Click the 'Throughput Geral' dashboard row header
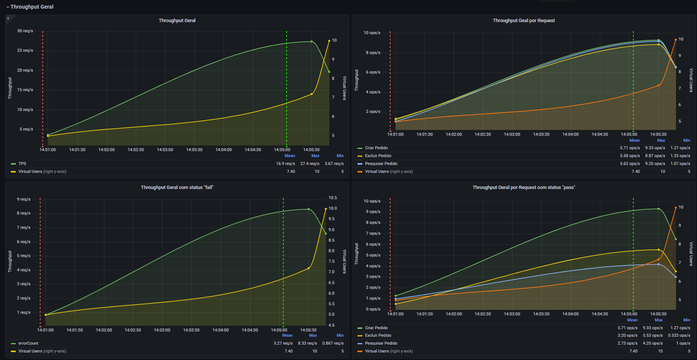pyautogui.click(x=32, y=7)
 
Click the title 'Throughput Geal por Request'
pyautogui.click(x=524, y=21)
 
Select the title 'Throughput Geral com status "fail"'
pyautogui.click(x=177, y=187)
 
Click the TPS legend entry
pyautogui.click(x=22, y=163)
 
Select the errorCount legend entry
pyautogui.click(x=28, y=343)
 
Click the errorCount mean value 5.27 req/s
pyautogui.click(x=283, y=343)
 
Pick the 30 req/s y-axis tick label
pyautogui.click(x=25, y=31)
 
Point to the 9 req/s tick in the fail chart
pyautogui.click(x=24, y=199)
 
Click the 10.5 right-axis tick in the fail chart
pyautogui.click(x=333, y=198)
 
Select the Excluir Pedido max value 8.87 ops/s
pyautogui.click(x=655, y=156)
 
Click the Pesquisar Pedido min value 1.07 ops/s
pyautogui.click(x=680, y=163)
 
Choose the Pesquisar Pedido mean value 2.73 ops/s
pyautogui.click(x=628, y=343)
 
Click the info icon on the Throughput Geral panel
pyautogui.click(x=8, y=18)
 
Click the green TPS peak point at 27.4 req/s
pyautogui.click(x=311, y=42)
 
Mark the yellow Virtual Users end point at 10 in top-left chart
pyautogui.click(x=329, y=40)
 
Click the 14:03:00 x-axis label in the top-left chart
pyautogui.click(x=165, y=150)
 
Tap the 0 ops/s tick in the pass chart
pyautogui.click(x=373, y=309)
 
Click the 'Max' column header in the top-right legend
pyautogui.click(x=661, y=140)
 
